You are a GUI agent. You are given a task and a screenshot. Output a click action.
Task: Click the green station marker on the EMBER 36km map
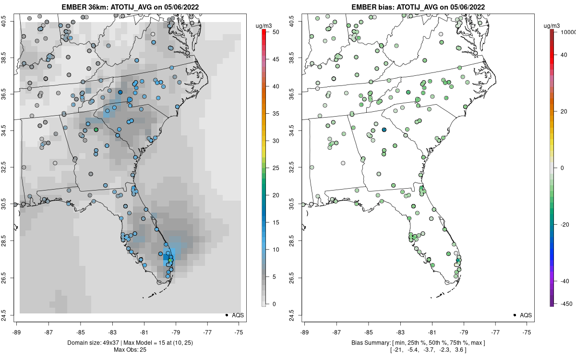[96, 130]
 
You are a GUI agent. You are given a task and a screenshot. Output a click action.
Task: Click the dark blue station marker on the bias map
[384, 130]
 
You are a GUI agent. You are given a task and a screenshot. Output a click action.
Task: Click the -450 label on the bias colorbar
[566, 304]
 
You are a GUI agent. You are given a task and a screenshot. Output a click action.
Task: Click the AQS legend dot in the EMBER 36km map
[226, 315]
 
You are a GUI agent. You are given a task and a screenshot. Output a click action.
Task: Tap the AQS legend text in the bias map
[526, 315]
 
